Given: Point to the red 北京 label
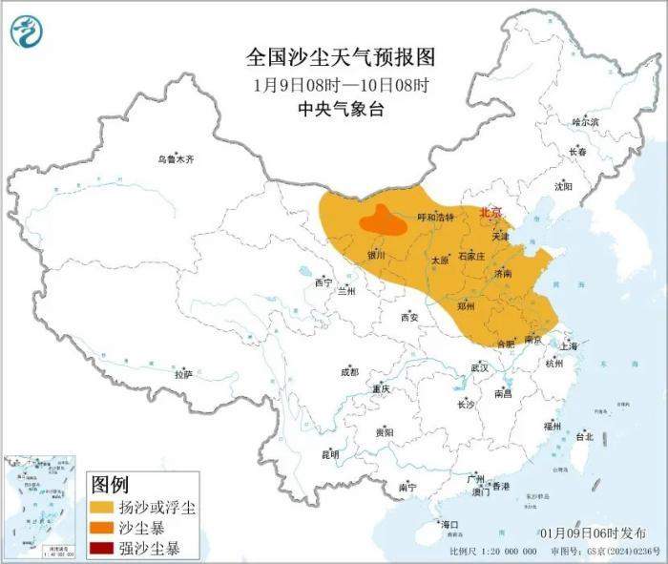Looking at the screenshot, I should (490, 212).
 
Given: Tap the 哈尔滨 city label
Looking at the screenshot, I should (584, 122).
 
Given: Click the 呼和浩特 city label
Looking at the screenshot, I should (436, 218).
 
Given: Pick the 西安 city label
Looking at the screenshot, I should (410, 316).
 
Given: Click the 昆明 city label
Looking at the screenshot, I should (329, 454).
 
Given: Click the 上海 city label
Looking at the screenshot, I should (572, 346).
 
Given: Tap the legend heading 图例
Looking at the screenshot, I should (109, 484).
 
